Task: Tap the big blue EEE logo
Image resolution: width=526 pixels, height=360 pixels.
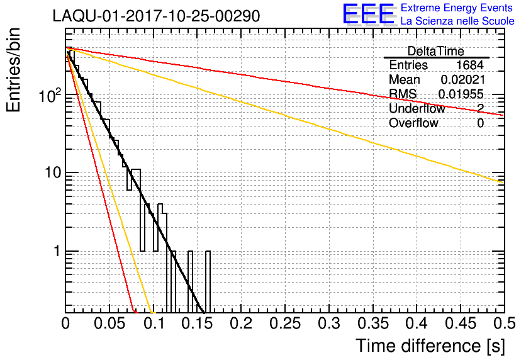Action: pyautogui.click(x=368, y=15)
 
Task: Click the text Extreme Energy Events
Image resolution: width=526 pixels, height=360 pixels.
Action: pyautogui.click(x=457, y=8)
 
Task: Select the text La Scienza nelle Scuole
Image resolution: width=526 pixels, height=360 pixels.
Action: pyautogui.click(x=457, y=21)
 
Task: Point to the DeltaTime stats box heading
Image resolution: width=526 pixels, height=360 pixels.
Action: pyautogui.click(x=435, y=51)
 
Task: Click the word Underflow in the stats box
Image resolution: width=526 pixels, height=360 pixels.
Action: pyautogui.click(x=417, y=109)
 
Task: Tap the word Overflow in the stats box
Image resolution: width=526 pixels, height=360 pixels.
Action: pyautogui.click(x=413, y=123)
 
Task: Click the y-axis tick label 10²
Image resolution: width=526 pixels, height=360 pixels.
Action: pyautogui.click(x=49, y=96)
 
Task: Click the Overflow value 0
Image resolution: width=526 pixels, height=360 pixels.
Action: pyautogui.click(x=480, y=123)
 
